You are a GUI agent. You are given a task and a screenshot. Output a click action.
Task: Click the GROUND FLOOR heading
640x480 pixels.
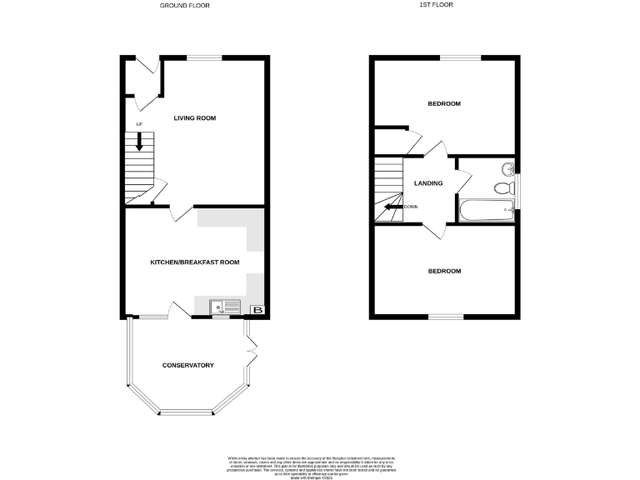point(185,6)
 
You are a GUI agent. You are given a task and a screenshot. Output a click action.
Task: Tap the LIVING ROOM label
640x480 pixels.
point(194,118)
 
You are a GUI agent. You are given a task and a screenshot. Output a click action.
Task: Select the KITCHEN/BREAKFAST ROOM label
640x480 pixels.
point(194,262)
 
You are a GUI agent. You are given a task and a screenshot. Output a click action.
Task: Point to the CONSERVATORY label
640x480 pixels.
point(187,366)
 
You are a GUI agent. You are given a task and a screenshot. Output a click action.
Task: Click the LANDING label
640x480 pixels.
point(428,183)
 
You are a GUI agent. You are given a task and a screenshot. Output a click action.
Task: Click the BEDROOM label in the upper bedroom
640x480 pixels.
point(444,104)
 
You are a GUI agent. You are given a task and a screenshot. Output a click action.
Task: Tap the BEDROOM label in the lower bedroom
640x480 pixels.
point(444,272)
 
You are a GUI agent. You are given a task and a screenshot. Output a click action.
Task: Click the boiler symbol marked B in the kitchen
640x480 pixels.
point(257,310)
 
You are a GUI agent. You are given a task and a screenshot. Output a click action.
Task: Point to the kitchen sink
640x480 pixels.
point(222,307)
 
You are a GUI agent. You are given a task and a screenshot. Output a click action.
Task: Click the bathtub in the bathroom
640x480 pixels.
point(486,209)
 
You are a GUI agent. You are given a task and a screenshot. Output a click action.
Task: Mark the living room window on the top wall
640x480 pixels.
point(203,57)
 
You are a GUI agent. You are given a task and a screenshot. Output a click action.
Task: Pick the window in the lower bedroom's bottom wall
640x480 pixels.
point(445,317)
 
